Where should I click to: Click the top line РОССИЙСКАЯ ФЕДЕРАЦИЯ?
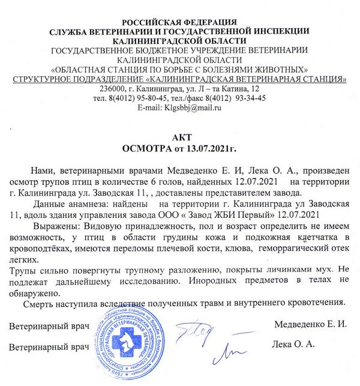click(x=179, y=23)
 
